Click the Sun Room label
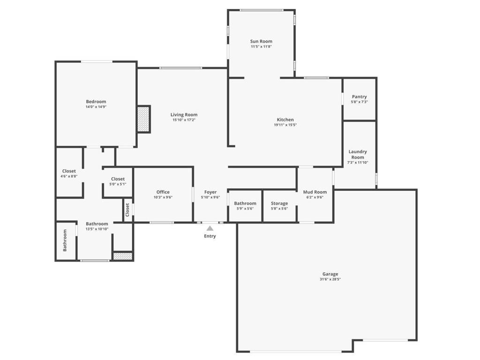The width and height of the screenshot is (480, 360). [261, 41]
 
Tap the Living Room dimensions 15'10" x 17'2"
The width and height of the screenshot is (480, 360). [184, 120]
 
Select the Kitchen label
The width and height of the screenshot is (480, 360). [285, 120]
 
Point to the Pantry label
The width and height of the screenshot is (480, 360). [360, 97]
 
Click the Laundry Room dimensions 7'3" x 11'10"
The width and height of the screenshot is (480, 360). [358, 163]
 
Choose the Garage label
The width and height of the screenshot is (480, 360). [330, 274]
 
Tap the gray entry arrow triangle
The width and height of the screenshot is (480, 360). [210, 228]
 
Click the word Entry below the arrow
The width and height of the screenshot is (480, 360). [210, 236]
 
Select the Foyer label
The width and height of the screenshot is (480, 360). [210, 192]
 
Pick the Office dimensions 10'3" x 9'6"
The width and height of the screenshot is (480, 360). [163, 197]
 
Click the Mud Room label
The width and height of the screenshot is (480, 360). [315, 192]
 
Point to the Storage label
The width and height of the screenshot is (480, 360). [279, 203]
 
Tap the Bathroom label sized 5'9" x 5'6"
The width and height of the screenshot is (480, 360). [245, 203]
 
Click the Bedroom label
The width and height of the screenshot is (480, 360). [96, 102]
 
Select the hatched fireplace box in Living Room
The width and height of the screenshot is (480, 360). [143, 119]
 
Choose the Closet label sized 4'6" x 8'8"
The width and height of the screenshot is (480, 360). [69, 171]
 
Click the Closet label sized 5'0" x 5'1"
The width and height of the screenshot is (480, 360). [118, 179]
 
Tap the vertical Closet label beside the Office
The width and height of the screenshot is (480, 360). [127, 210]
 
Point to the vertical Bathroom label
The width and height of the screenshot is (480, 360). [65, 240]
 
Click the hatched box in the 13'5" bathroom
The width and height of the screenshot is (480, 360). [123, 256]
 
